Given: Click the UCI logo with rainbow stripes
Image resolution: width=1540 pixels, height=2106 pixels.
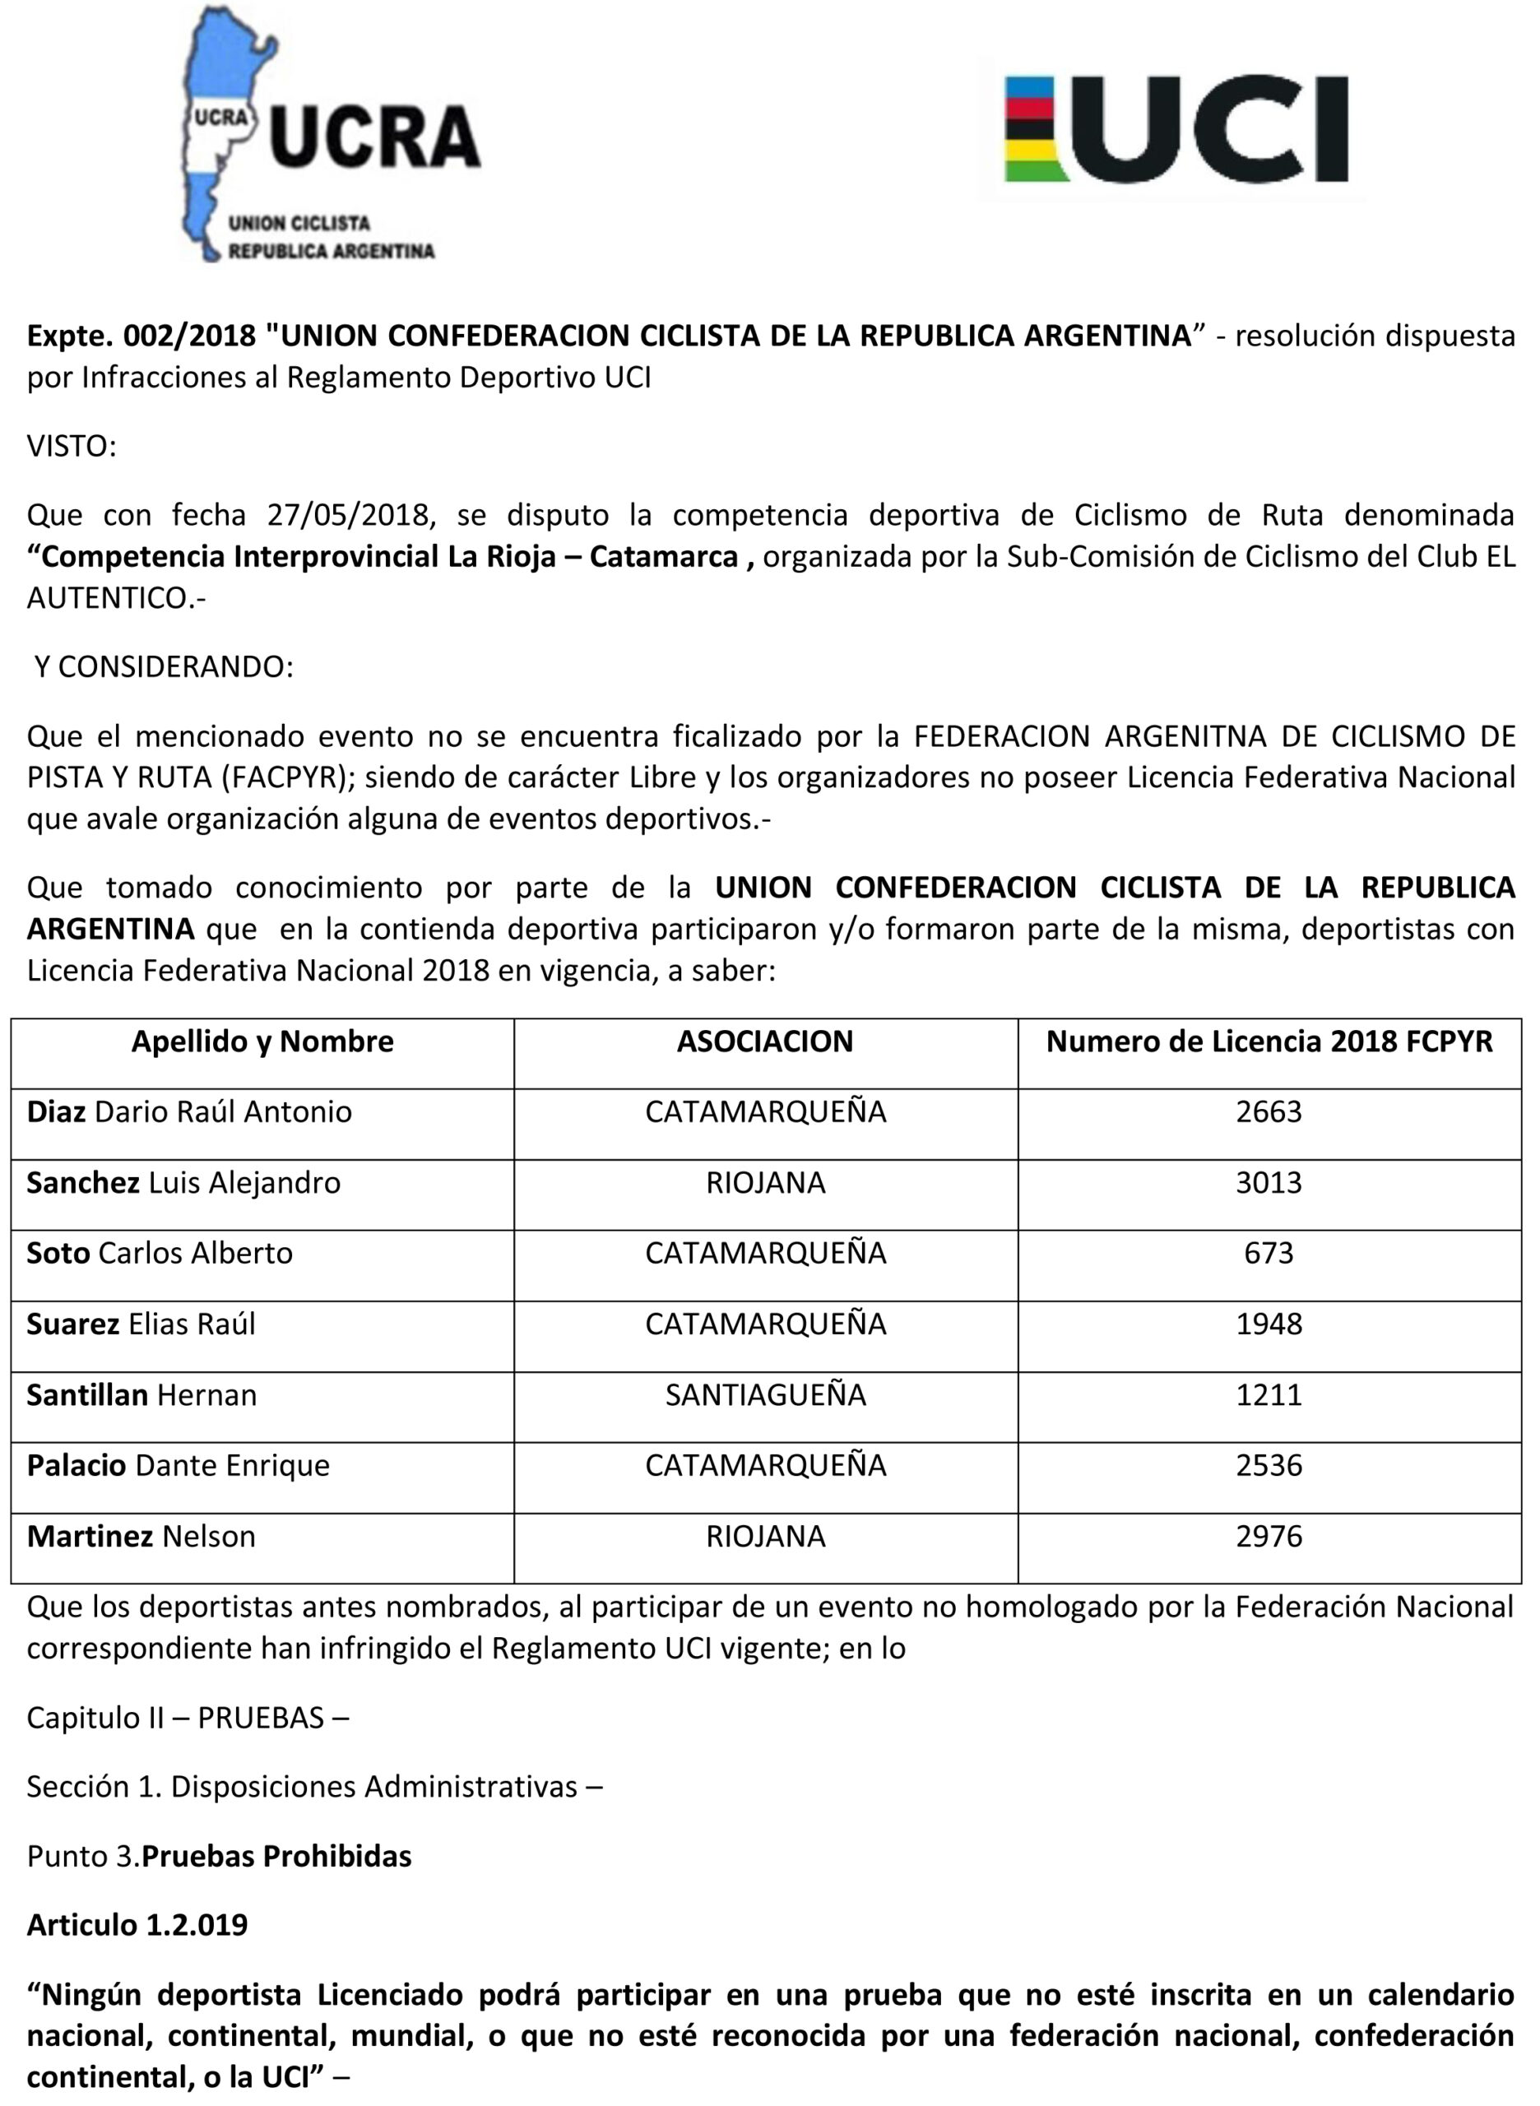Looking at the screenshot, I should (x=1176, y=128).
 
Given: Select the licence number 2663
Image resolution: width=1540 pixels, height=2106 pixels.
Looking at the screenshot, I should (x=1268, y=1112).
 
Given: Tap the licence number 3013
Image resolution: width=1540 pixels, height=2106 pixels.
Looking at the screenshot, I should (x=1268, y=1183).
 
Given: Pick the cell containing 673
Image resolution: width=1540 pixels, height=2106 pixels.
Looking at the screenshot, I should (x=1268, y=1253).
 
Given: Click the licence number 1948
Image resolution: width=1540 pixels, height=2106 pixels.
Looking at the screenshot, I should (x=1268, y=1324).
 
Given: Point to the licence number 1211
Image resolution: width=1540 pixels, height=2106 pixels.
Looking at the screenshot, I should (x=1268, y=1394).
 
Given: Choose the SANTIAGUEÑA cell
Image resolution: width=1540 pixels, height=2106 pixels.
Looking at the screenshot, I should (x=765, y=1394).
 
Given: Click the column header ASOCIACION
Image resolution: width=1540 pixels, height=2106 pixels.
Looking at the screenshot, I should (x=765, y=1041).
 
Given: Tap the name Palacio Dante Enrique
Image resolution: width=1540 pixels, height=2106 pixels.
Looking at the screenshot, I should (x=178, y=1465).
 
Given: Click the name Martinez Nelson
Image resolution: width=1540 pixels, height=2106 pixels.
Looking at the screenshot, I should (x=141, y=1537).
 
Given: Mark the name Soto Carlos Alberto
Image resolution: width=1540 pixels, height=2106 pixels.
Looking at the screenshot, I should (x=160, y=1253).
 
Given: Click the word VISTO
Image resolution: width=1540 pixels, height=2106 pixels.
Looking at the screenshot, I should (x=71, y=447).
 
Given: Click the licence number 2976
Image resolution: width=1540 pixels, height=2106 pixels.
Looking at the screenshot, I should (x=1268, y=1537).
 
